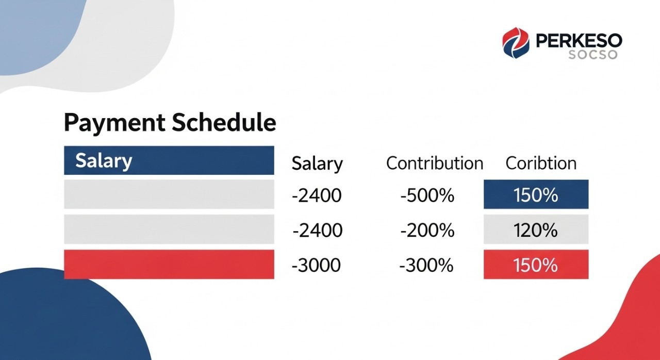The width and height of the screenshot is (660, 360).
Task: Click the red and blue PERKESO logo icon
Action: (x=516, y=43)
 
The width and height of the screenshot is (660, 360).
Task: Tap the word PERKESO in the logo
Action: (x=579, y=40)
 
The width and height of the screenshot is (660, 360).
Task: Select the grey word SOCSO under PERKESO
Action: (x=592, y=54)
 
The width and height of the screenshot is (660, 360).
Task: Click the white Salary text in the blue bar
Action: (x=104, y=160)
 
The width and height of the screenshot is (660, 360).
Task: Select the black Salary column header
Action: (x=317, y=163)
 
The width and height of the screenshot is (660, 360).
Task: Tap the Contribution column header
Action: (x=435, y=163)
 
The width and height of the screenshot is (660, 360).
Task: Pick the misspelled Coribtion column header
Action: (x=541, y=163)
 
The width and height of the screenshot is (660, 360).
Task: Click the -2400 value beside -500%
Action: (x=316, y=196)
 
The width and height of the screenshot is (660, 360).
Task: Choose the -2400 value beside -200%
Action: (x=317, y=231)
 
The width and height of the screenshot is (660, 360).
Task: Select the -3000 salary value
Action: (x=316, y=265)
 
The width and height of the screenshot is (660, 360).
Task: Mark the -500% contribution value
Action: (x=427, y=196)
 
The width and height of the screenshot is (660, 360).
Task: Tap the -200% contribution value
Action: (x=427, y=231)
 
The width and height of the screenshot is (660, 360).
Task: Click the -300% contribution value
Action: (x=426, y=265)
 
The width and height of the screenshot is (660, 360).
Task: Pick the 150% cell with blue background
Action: (x=536, y=194)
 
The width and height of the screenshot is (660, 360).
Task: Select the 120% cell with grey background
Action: (x=536, y=230)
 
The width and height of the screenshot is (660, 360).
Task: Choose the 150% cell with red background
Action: (x=536, y=265)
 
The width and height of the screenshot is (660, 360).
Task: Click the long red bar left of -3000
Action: (x=169, y=265)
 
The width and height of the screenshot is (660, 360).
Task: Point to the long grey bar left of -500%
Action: (x=169, y=194)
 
